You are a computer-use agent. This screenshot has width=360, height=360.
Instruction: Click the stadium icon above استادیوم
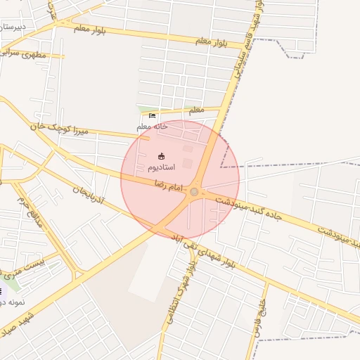(x=162, y=156)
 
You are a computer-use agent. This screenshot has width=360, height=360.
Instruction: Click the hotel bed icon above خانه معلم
(x=153, y=116)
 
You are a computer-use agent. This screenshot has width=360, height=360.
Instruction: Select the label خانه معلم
(x=153, y=127)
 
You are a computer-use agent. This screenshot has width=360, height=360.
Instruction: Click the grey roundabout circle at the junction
(x=194, y=191)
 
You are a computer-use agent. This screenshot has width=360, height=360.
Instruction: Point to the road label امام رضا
(x=169, y=186)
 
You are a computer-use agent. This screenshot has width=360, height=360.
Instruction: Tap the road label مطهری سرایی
(x=28, y=53)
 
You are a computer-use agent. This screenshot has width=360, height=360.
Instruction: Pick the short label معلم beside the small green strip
(x=197, y=110)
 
